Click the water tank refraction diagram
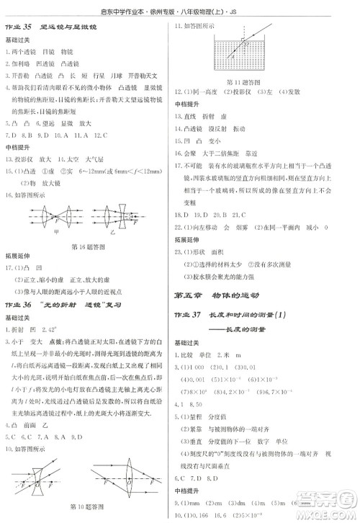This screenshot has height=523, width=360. pos(244,51)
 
